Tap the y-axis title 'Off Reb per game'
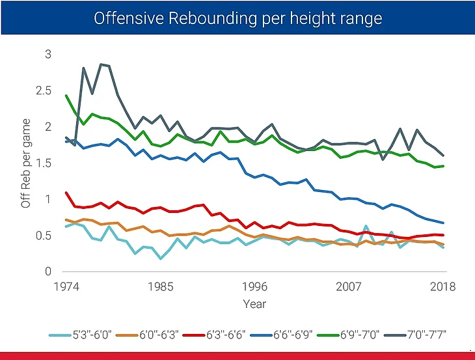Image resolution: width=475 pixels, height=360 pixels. click(27, 163)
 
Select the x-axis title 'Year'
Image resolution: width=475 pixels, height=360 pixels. click(254, 303)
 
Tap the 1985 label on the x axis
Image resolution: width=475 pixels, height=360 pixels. click(160, 286)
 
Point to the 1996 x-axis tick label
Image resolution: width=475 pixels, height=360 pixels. click(254, 286)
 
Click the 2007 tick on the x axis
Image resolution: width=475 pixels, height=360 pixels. click(349, 286)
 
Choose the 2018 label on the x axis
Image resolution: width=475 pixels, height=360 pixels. click(443, 286)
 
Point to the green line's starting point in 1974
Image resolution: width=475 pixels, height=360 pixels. click(66, 96)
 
